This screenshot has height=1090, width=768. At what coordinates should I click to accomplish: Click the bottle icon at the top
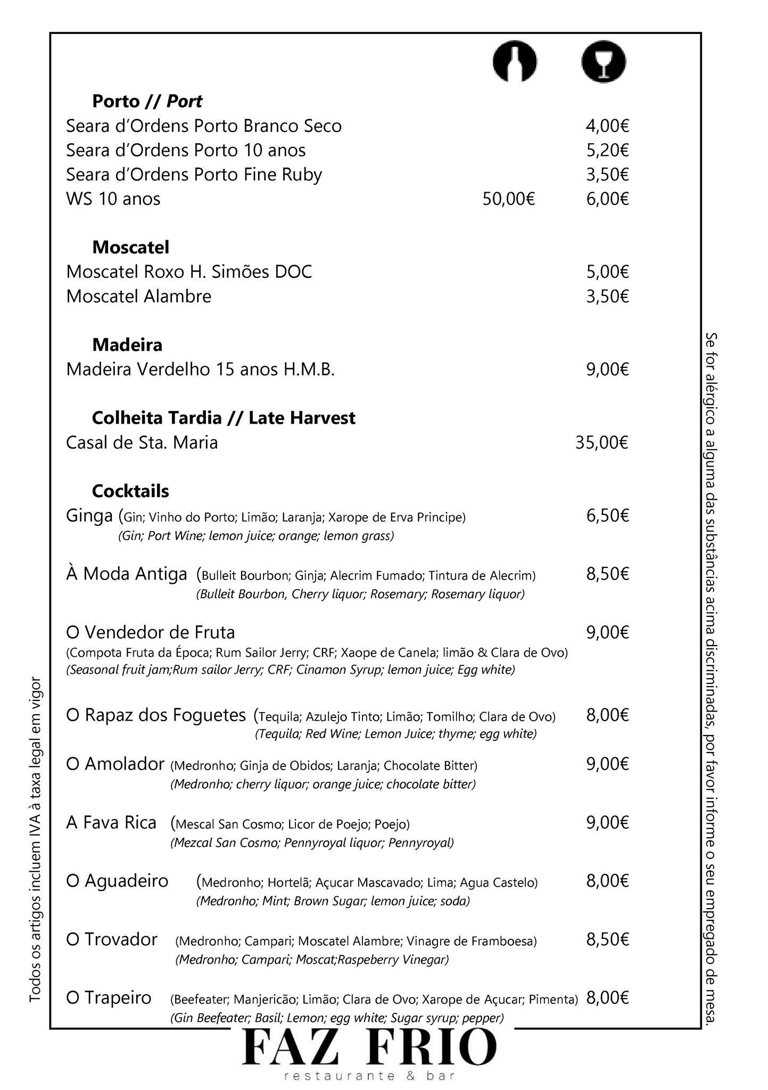point(514,62)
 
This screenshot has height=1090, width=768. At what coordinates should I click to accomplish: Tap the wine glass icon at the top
point(604,62)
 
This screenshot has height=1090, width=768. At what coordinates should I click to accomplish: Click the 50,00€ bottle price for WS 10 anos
point(508,199)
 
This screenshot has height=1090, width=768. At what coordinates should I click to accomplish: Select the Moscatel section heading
point(130,247)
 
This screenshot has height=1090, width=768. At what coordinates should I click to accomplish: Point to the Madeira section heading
point(127,345)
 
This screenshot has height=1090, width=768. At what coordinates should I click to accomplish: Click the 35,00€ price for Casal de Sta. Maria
point(602,443)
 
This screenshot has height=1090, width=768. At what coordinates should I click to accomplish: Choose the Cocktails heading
point(130,491)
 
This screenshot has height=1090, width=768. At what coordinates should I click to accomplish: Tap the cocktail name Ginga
point(89,515)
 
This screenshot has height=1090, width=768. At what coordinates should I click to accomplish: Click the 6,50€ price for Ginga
point(607,516)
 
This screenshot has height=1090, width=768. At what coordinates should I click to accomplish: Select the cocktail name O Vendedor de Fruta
point(150,632)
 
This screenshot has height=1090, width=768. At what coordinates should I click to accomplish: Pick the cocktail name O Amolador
point(115,764)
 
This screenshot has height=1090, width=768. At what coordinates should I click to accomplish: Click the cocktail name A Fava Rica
point(111,823)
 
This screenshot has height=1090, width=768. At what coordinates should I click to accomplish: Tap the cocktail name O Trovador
point(111,939)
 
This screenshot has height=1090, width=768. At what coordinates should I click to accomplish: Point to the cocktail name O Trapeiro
point(109,997)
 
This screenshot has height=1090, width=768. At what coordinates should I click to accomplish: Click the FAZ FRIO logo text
point(369,1047)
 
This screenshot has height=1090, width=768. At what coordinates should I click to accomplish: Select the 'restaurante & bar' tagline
point(369,1077)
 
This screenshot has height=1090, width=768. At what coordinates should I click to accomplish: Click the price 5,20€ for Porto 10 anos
point(607,151)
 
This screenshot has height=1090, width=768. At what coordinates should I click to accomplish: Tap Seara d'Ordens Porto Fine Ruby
point(194,175)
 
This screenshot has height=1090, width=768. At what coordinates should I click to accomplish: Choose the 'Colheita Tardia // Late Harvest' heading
point(224,418)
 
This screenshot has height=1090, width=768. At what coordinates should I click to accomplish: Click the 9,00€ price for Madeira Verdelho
point(607,369)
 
